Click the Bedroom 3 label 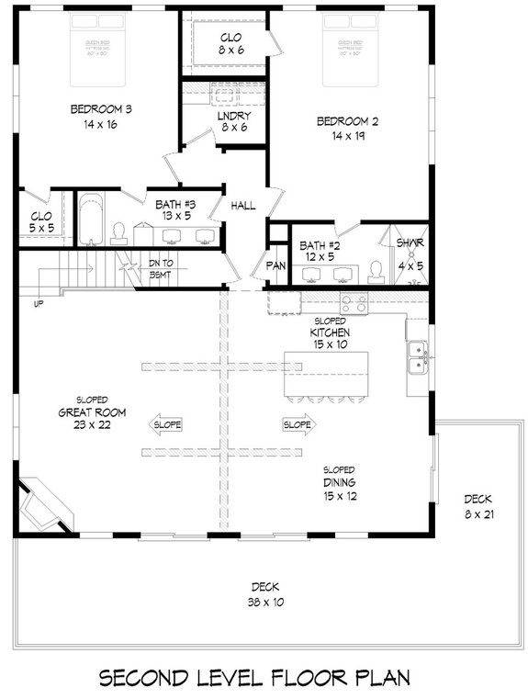coord(101,117)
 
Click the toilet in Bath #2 coord(375,269)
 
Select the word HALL coord(243,205)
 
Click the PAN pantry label coord(276,265)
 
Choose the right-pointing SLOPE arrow coord(298,424)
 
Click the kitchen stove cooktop coord(354,301)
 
